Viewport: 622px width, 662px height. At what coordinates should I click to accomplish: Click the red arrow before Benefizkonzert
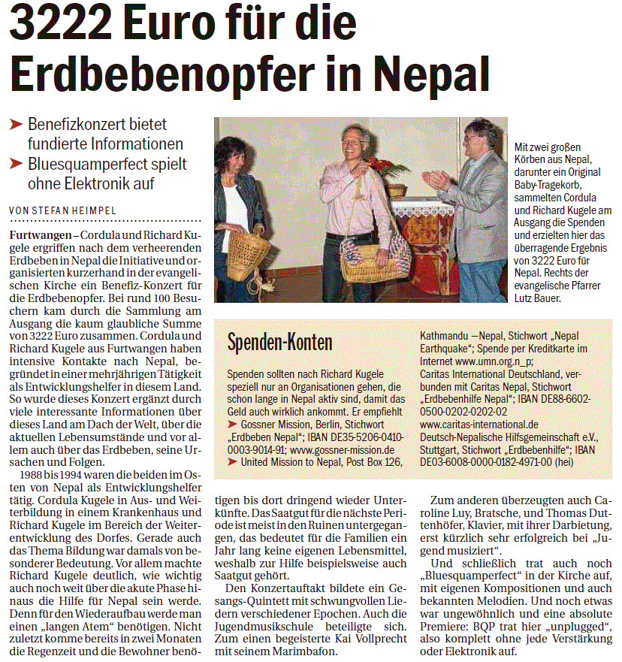coord(16,125)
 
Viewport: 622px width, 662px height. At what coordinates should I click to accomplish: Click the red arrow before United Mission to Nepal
coord(232,462)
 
